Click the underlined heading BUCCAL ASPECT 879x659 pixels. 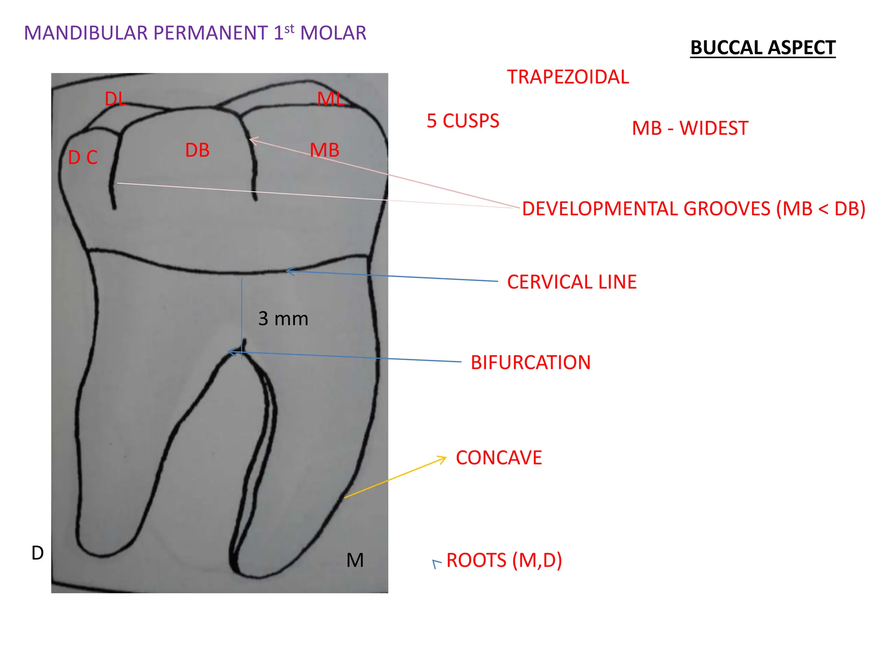click(x=763, y=48)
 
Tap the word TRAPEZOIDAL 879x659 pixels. click(x=568, y=77)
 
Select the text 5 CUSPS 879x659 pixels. click(x=463, y=121)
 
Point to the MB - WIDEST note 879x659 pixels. click(x=690, y=128)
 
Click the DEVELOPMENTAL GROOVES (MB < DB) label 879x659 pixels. click(x=693, y=209)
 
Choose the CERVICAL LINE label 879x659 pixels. click(x=572, y=282)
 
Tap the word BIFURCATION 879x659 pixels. click(x=530, y=363)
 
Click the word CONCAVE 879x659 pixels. click(x=499, y=458)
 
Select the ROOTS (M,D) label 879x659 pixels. click(x=504, y=560)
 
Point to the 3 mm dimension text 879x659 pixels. click(x=283, y=319)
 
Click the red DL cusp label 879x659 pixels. click(x=115, y=100)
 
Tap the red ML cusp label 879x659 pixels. click(x=330, y=99)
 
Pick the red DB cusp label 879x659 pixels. click(x=197, y=150)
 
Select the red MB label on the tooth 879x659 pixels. click(x=324, y=150)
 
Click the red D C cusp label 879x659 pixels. click(x=83, y=158)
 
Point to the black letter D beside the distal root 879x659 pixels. click(x=38, y=553)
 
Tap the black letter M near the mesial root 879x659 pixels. click(x=355, y=560)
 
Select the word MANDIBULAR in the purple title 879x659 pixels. click(x=86, y=33)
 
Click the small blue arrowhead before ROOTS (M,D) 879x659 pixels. click(x=436, y=564)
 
